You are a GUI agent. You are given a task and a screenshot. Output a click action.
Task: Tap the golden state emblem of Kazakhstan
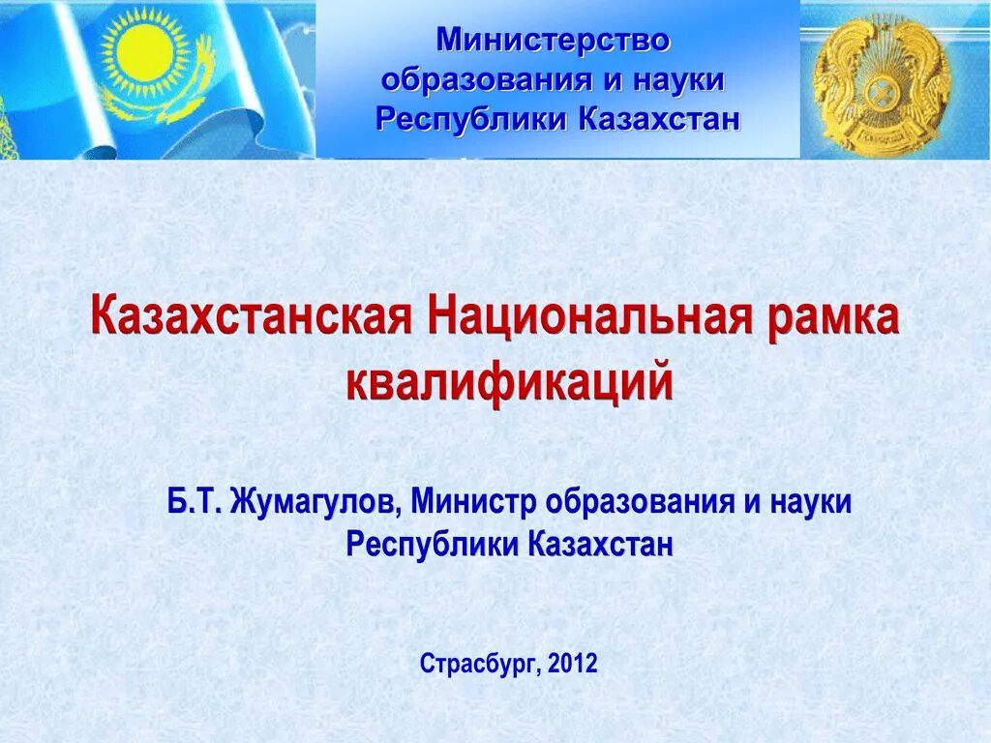pyautogui.click(x=881, y=79)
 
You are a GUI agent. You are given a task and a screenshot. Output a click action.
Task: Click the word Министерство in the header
pyautogui.click(x=553, y=41)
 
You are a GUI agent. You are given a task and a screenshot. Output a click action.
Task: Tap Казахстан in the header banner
pyautogui.click(x=660, y=119)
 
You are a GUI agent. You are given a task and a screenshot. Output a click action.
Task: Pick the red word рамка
pyautogui.click(x=834, y=318)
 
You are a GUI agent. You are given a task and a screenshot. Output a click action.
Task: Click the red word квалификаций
pyautogui.click(x=509, y=380)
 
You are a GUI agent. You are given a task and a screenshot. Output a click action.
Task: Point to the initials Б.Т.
pyautogui.click(x=195, y=502)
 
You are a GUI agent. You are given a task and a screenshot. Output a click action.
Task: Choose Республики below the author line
pyautogui.click(x=433, y=544)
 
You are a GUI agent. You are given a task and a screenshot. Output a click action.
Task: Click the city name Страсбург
pyautogui.click(x=479, y=665)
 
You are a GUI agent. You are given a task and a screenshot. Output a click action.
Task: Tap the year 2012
pyautogui.click(x=573, y=664)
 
